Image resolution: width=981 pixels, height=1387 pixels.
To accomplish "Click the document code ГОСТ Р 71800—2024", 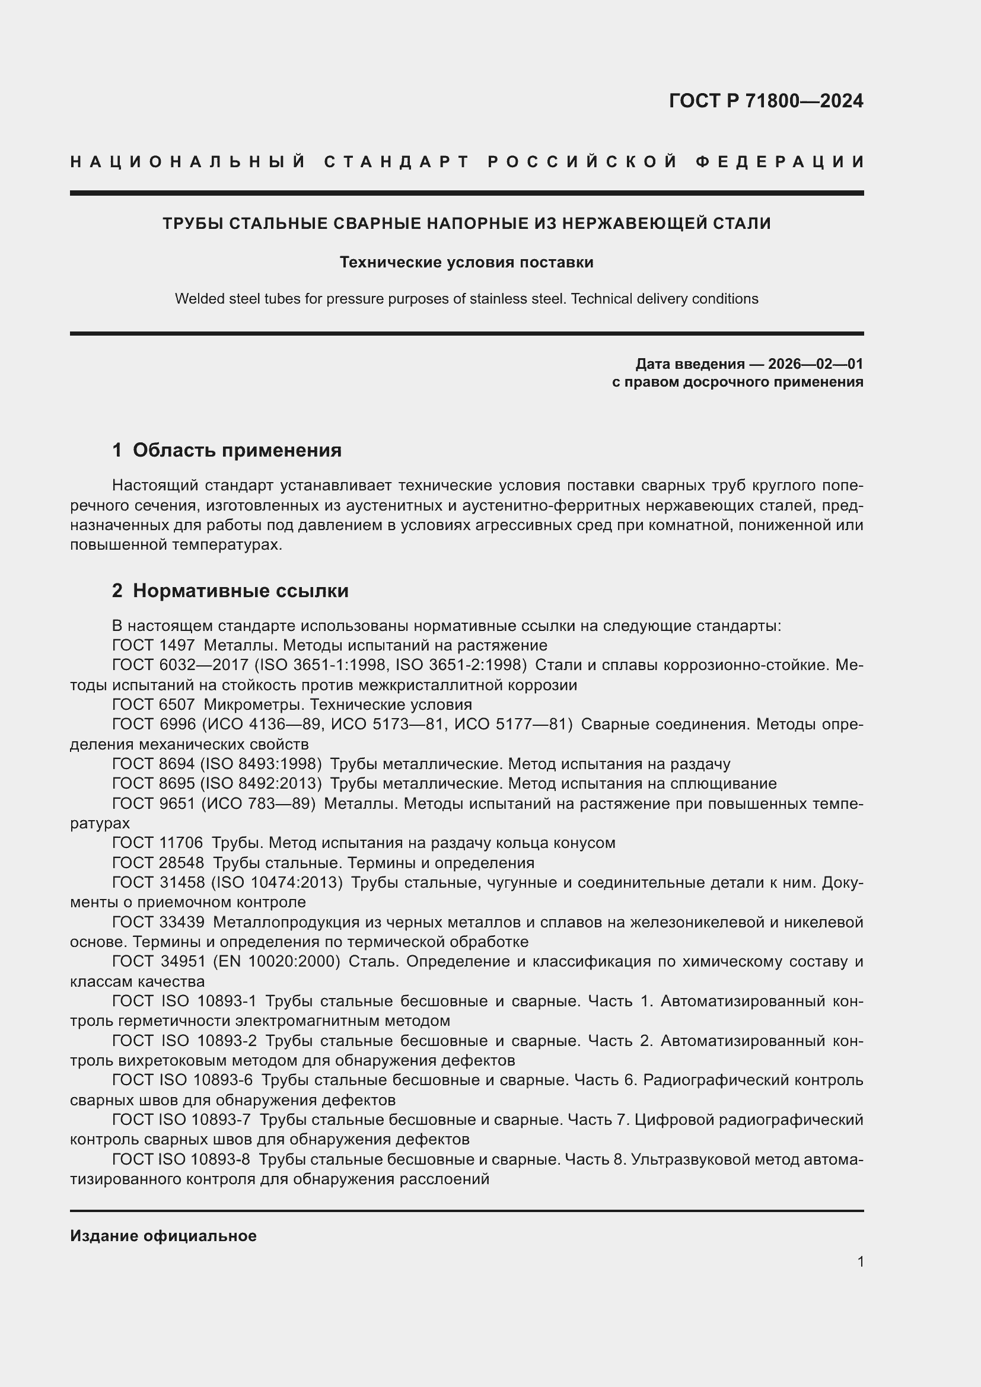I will (765, 101).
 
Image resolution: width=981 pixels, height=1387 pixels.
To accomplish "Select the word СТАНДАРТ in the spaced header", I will (397, 162).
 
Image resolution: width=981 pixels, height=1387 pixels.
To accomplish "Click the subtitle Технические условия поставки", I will (466, 262).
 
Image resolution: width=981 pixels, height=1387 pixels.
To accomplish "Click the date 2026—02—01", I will (815, 364).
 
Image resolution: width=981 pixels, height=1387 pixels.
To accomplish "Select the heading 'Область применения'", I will (237, 450).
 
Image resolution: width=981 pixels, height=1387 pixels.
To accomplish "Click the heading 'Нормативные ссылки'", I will (240, 590).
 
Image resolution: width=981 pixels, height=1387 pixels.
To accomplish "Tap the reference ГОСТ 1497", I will (154, 645).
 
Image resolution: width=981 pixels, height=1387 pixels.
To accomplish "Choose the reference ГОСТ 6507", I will (154, 704).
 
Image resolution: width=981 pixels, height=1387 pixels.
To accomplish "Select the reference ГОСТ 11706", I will (158, 843).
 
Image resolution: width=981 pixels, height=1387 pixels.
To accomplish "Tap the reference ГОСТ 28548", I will (158, 863).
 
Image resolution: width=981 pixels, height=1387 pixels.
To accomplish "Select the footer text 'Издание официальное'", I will (163, 1236).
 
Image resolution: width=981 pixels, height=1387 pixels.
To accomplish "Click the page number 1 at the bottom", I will (860, 1261).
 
